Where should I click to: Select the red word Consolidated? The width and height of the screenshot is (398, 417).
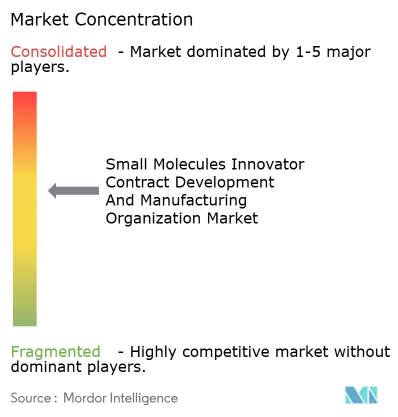point(58,51)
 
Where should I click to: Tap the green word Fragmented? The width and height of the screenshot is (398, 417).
point(55,352)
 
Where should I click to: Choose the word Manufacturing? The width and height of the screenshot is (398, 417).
point(193,200)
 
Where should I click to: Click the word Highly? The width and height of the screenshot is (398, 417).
point(153,352)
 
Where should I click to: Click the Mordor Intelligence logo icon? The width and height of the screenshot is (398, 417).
point(361,395)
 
